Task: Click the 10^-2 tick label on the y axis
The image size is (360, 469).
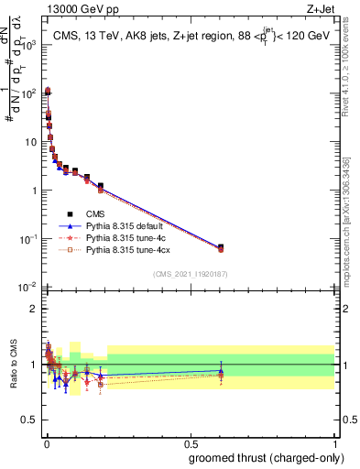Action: tap(27, 288)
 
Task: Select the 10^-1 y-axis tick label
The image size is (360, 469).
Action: tap(27, 239)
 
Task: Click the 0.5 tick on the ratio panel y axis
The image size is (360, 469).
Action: tap(30, 420)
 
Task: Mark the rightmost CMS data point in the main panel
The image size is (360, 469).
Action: tap(221, 247)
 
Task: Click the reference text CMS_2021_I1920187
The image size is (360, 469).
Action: tap(190, 275)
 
